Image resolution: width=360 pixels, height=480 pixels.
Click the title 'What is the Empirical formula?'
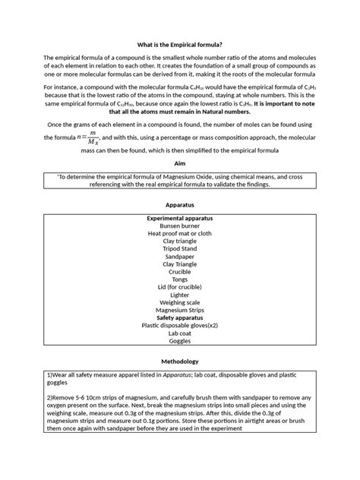click(x=180, y=43)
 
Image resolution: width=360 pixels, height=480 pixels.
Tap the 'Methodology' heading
click(x=180, y=362)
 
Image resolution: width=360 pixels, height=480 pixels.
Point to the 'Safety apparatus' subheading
click(x=180, y=317)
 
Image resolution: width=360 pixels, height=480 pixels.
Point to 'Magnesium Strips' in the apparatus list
click(x=180, y=310)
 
